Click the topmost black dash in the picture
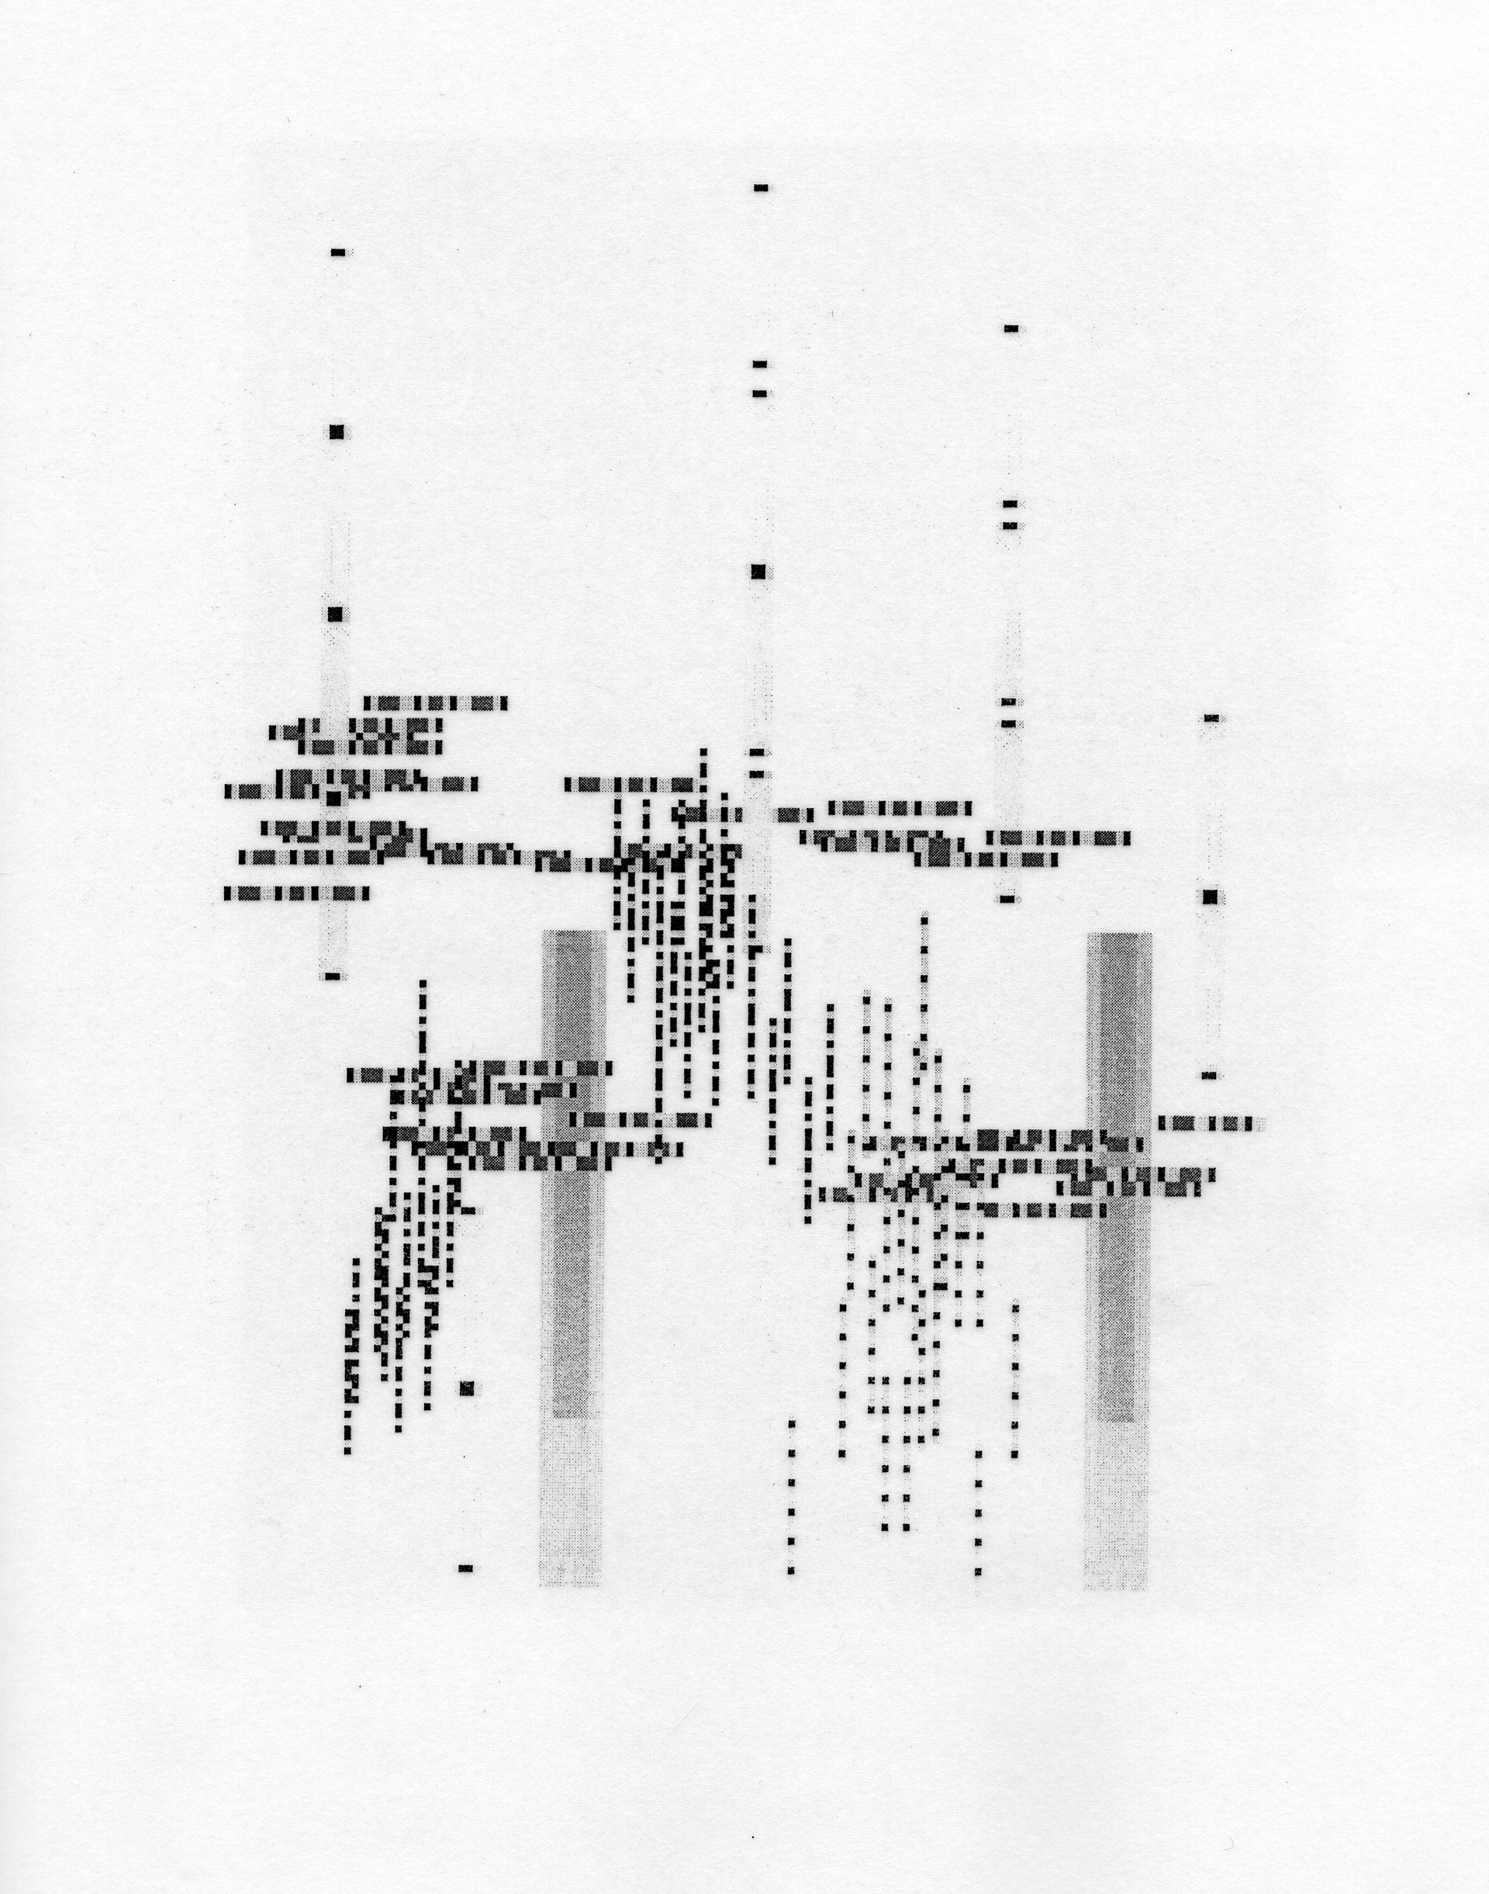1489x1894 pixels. pos(761,188)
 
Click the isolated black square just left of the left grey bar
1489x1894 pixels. pos(468,1388)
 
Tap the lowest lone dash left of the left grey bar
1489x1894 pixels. pos(465,1569)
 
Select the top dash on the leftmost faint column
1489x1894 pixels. pos(338,253)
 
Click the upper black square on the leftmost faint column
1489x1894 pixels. pos(337,432)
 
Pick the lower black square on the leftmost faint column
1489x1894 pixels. pos(336,614)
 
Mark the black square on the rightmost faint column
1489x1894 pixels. pos(1209,897)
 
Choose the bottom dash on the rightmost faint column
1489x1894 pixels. pos(1208,1076)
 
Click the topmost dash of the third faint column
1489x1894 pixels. pos(1011,329)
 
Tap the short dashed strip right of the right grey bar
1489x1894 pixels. pos(1212,1124)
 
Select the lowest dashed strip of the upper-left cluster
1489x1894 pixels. pos(296,893)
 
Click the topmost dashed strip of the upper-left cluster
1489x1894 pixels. pos(435,703)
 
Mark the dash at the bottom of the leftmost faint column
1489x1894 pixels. pos(332,976)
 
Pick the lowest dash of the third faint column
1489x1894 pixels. pos(1007,899)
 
